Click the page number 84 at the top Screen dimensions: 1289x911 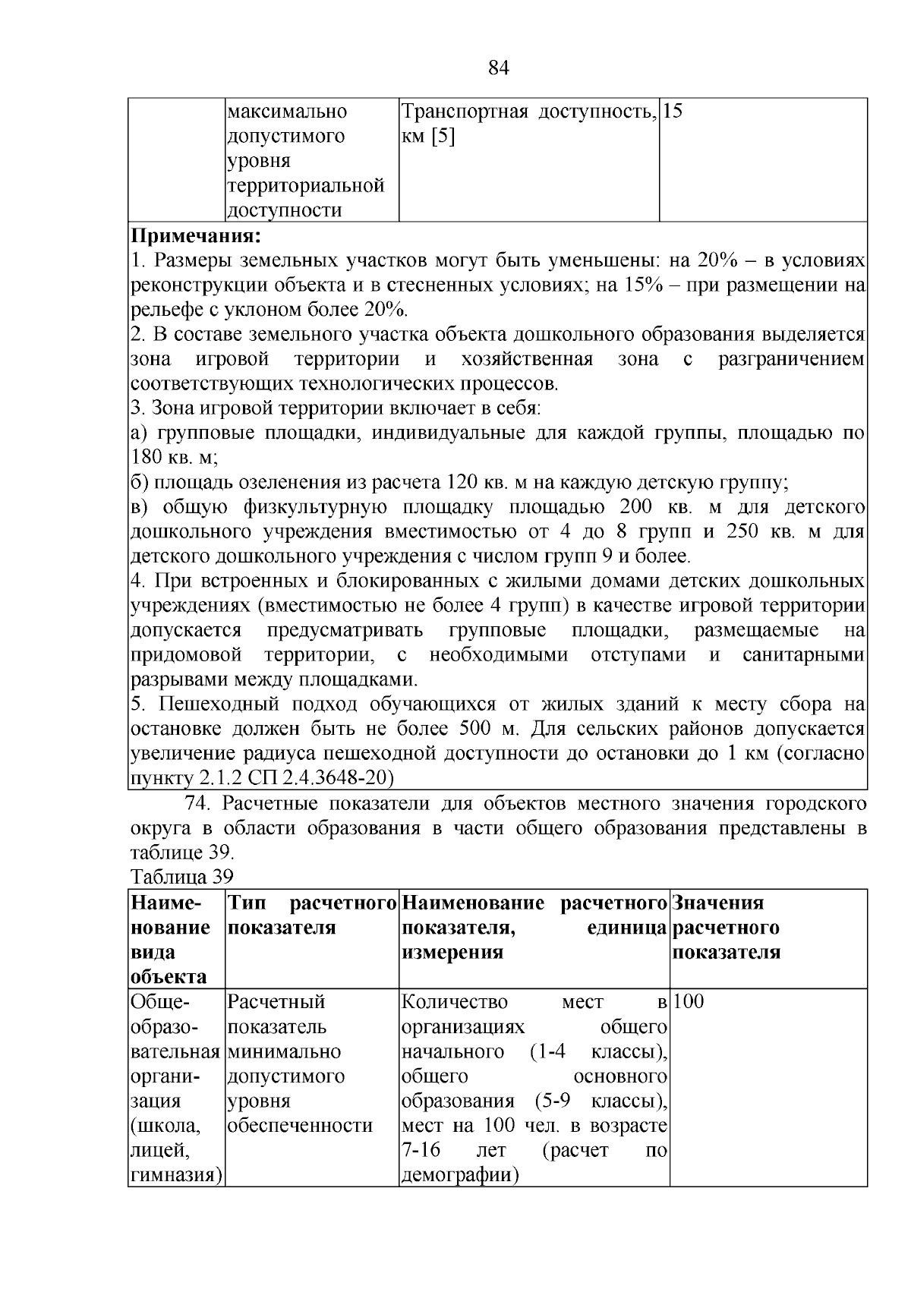[498, 68]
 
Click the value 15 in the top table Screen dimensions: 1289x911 [673, 112]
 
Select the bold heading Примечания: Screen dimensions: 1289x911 [196, 235]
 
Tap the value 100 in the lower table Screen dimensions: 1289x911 [689, 1002]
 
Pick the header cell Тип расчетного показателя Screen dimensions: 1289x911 [312, 916]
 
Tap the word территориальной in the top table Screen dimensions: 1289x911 [305, 186]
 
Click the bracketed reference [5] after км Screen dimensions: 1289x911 [443, 137]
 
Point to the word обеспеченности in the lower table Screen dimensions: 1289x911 [300, 1126]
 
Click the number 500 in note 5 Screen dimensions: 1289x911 [475, 729]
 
